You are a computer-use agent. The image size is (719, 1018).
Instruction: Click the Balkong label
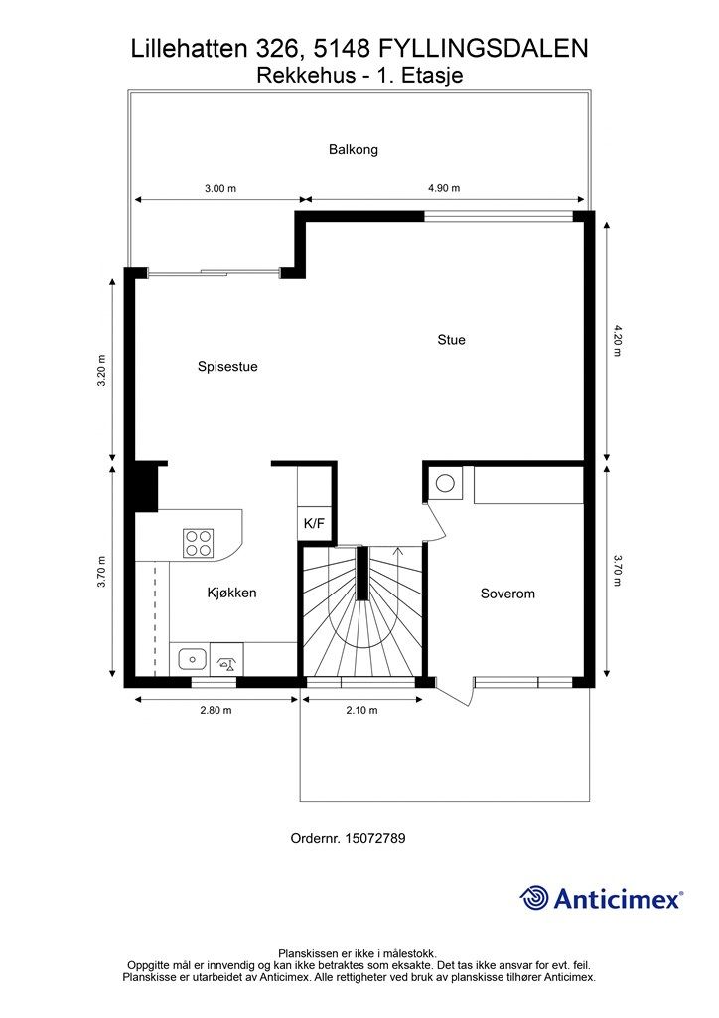[354, 150]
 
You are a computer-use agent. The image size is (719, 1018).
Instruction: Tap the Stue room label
[451, 340]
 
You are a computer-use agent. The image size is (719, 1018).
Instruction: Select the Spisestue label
[227, 367]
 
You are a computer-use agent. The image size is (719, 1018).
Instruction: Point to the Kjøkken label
[231, 593]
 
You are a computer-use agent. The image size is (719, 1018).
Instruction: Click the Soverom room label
[507, 594]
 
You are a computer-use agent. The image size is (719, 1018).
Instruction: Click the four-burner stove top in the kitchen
[197, 542]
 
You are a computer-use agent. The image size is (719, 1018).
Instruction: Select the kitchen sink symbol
[189, 657]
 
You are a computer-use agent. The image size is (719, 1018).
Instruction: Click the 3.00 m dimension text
[219, 188]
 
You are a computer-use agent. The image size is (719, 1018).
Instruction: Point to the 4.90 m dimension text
[443, 188]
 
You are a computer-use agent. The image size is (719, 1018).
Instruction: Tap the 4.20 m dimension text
[617, 340]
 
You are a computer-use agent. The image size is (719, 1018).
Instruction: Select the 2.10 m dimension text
[361, 710]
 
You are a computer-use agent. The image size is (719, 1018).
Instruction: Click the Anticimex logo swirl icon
[534, 898]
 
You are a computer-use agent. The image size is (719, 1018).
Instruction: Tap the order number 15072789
[374, 838]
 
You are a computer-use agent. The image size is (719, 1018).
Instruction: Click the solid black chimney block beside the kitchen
[145, 486]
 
